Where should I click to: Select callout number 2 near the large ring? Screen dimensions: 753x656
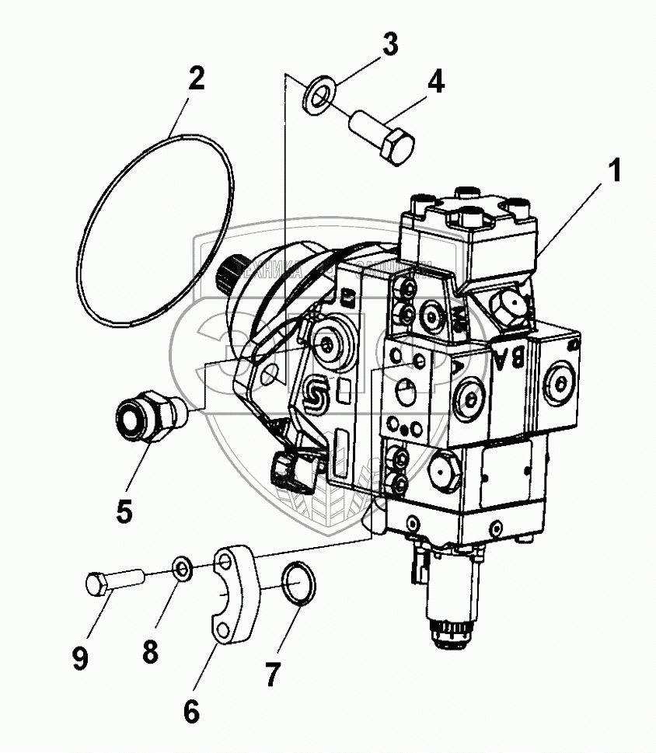tap(196, 78)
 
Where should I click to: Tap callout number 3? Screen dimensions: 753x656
tap(389, 45)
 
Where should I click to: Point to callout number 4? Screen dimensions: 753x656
tap(437, 82)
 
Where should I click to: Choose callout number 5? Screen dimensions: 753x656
tap(124, 511)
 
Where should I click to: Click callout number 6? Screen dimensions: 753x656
tap(192, 709)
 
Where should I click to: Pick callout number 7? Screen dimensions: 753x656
tap(270, 674)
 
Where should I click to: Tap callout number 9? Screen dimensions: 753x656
tap(80, 658)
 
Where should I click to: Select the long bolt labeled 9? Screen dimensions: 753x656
tap(113, 580)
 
